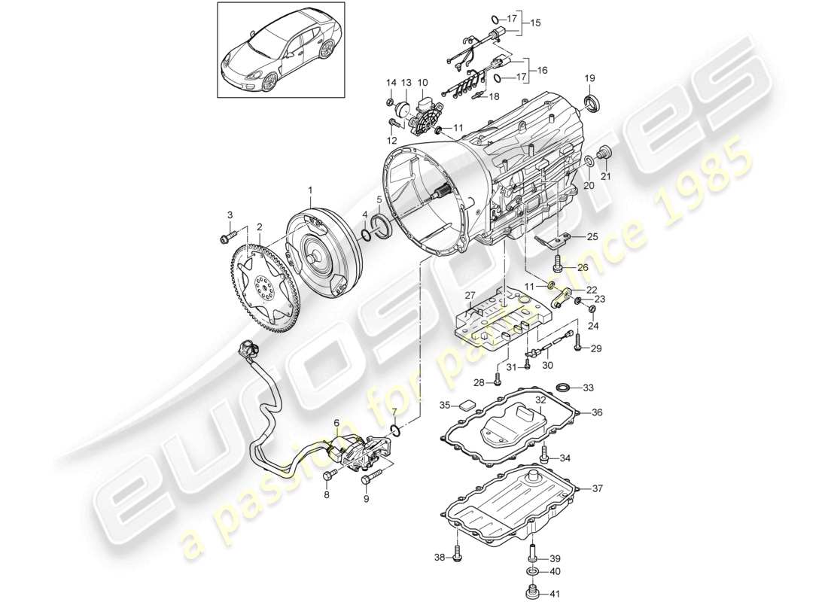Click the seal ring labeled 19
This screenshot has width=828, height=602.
pos(593,104)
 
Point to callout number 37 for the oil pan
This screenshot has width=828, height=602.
pos(597,488)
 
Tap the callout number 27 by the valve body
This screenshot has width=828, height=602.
pos(470,294)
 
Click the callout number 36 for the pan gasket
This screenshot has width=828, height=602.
pos(597,412)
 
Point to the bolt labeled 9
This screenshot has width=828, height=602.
pos(369,479)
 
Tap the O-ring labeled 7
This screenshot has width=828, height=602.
pos(395,430)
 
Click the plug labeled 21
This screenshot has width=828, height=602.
pos(603,156)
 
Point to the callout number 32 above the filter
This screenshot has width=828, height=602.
pos(540,400)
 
